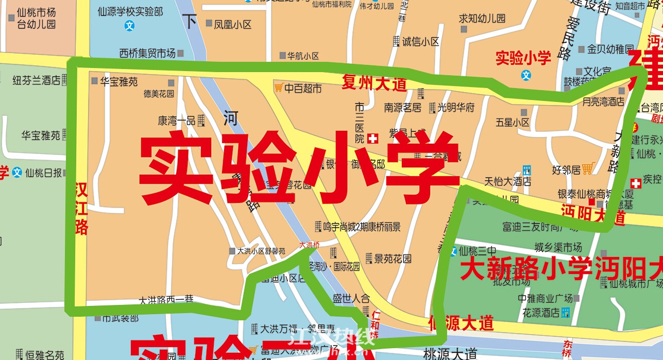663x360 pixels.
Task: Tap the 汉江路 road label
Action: point(81,208)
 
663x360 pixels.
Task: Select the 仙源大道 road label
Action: point(461,323)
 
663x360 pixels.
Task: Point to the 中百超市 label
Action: point(303,89)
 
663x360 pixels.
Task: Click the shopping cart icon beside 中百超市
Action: point(279,88)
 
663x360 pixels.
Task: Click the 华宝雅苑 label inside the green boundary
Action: point(118,81)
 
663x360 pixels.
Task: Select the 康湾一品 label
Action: point(176,121)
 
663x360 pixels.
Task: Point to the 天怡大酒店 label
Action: point(508,181)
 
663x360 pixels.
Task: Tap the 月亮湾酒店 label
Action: point(603,102)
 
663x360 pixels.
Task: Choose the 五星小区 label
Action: point(513,123)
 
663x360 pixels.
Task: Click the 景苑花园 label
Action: point(393,258)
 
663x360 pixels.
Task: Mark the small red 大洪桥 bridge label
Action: point(309,245)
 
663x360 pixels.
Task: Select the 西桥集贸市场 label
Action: point(147,53)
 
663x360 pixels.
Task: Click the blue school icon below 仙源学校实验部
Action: point(130,25)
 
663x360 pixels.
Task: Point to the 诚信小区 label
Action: point(421,42)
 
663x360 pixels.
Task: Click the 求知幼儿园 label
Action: point(482,19)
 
